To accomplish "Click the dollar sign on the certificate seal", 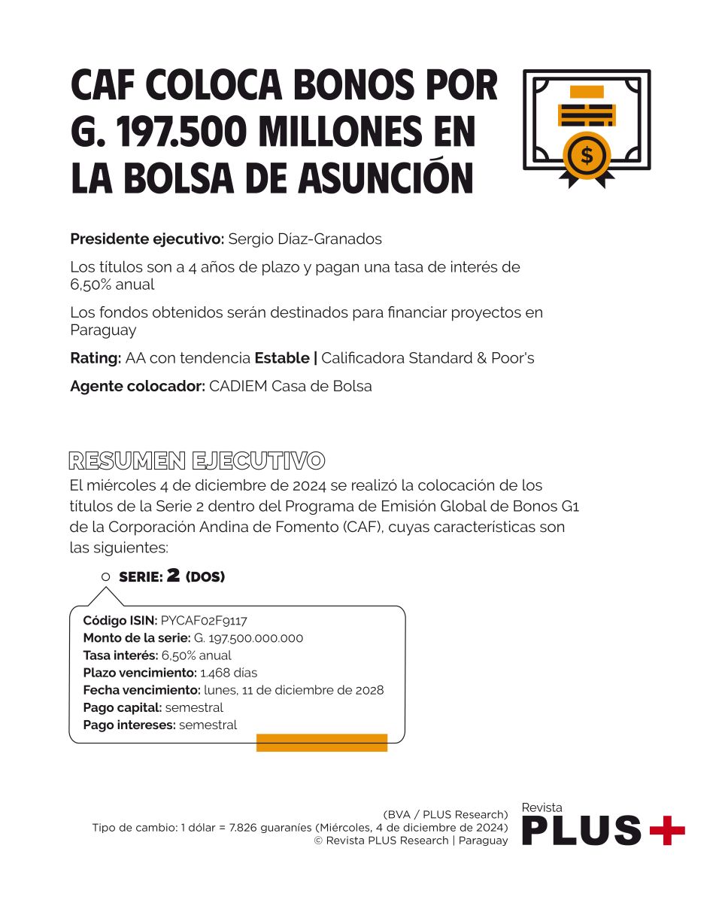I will coord(587,156).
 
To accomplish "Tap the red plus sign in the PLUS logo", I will coord(666,830).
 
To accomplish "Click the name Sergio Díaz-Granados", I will coord(305,239).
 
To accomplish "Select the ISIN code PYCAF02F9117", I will coord(204,621).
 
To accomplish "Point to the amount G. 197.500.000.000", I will coord(248,638).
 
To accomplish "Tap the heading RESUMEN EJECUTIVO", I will coord(197,461).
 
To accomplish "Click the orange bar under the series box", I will coord(322,743).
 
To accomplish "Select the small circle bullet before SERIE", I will coord(105,577).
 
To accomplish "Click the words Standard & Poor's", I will coord(472,358).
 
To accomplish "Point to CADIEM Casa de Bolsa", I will coord(290,387).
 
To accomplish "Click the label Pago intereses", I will coord(129,725).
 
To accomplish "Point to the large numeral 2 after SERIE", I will coord(173,576).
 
